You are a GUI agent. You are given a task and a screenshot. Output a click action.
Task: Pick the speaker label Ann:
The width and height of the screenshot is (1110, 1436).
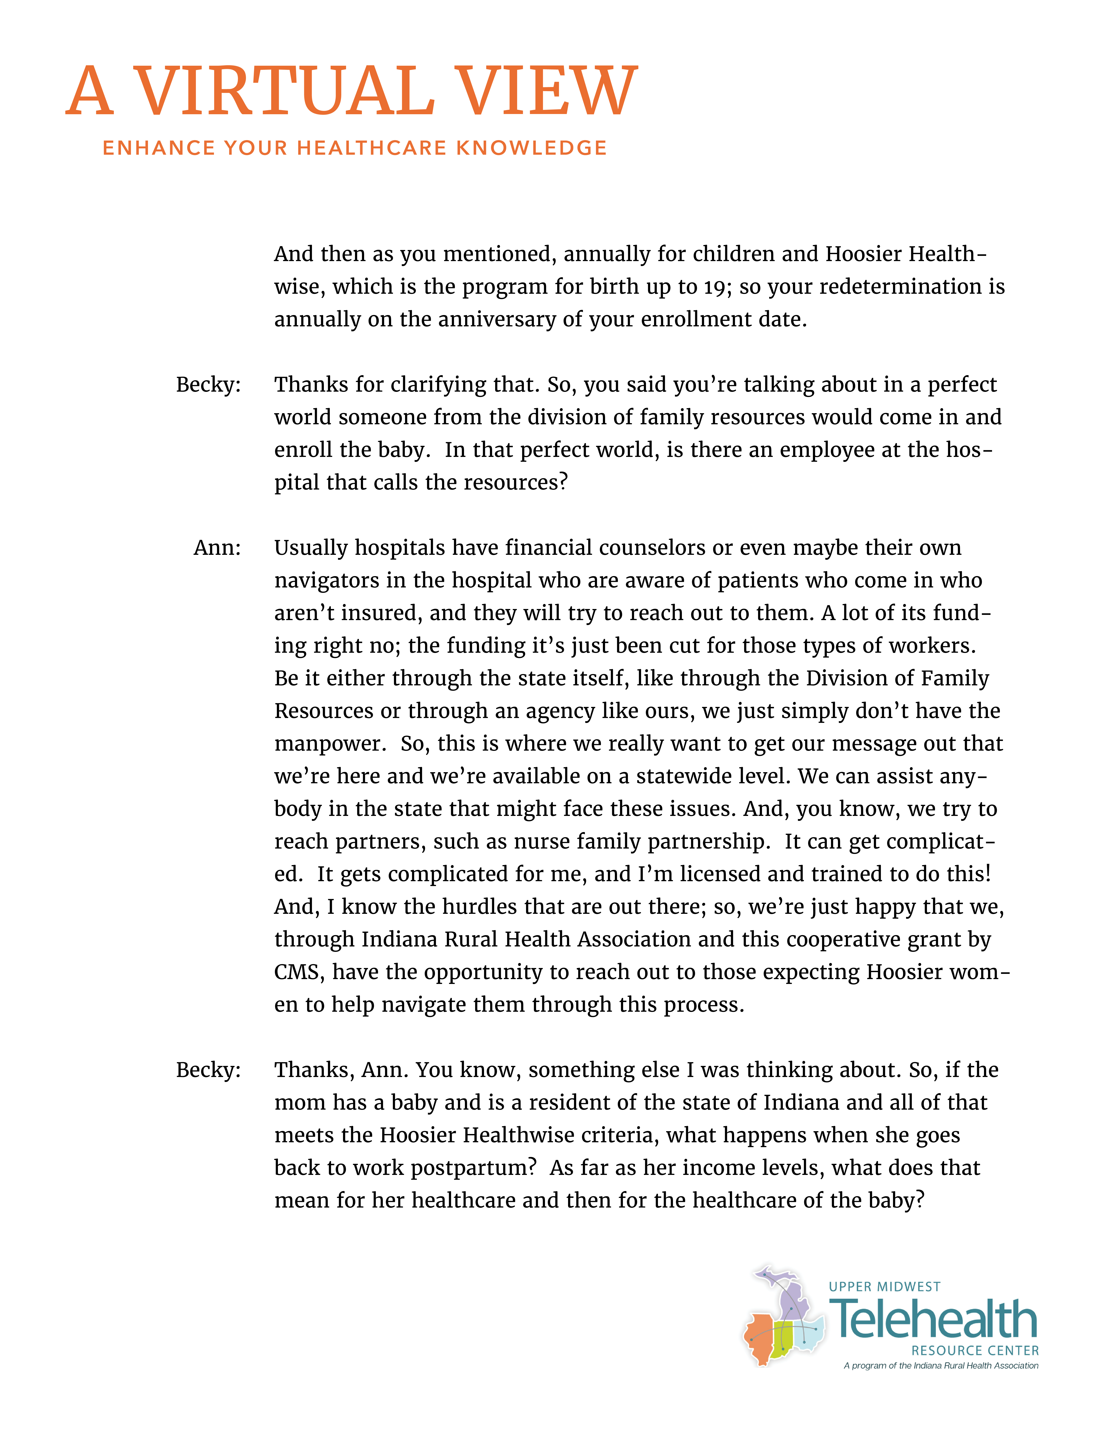pos(217,548)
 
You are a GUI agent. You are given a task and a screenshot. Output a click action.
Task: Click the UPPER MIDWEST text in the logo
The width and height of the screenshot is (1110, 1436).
pos(885,1287)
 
